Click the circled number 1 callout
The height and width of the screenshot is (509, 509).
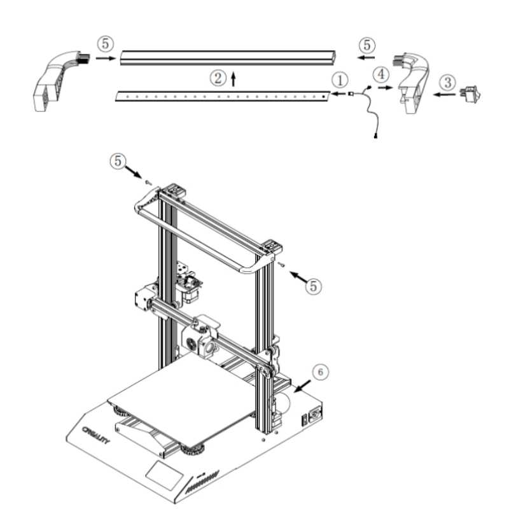pos(340,80)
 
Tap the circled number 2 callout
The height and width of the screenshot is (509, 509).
pos(218,78)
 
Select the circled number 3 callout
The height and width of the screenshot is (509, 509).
pos(448,82)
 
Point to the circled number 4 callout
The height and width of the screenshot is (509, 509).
pos(381,74)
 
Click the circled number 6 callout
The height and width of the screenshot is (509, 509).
pos(321,372)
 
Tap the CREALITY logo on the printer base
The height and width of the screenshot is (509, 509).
pos(96,435)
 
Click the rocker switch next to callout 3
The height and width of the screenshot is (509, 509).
pos(470,94)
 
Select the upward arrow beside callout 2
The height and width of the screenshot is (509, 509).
pos(233,80)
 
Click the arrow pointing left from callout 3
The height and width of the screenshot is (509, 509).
pos(444,95)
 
